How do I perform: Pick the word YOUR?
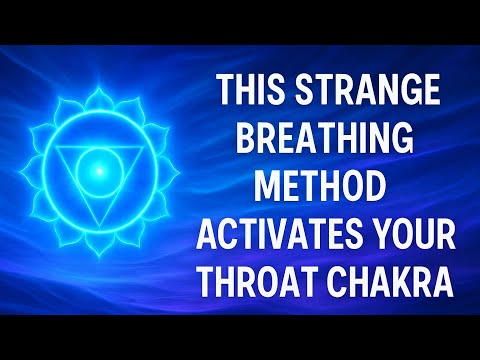[412, 236]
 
